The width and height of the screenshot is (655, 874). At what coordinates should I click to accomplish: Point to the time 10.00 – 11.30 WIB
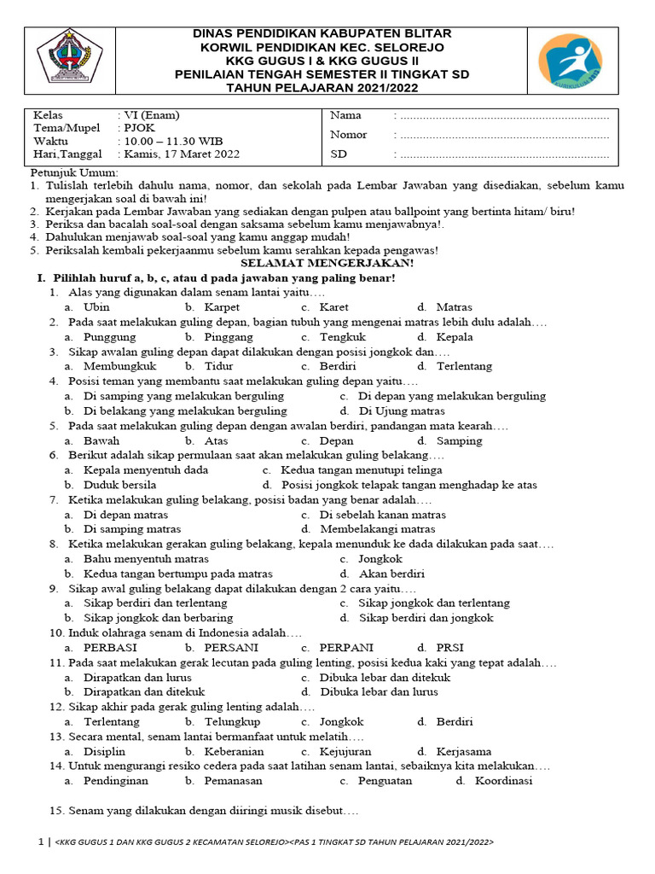[176, 141]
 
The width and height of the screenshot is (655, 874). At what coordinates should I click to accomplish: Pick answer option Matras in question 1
[454, 307]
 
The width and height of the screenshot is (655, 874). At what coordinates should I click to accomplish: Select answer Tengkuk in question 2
[342, 337]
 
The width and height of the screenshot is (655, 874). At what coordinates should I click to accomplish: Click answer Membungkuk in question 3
[120, 366]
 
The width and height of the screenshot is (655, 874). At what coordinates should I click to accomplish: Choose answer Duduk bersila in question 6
[120, 485]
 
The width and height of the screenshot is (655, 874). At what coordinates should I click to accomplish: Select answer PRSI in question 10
[452, 648]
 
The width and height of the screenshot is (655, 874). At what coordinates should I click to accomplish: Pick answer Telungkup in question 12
[233, 722]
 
